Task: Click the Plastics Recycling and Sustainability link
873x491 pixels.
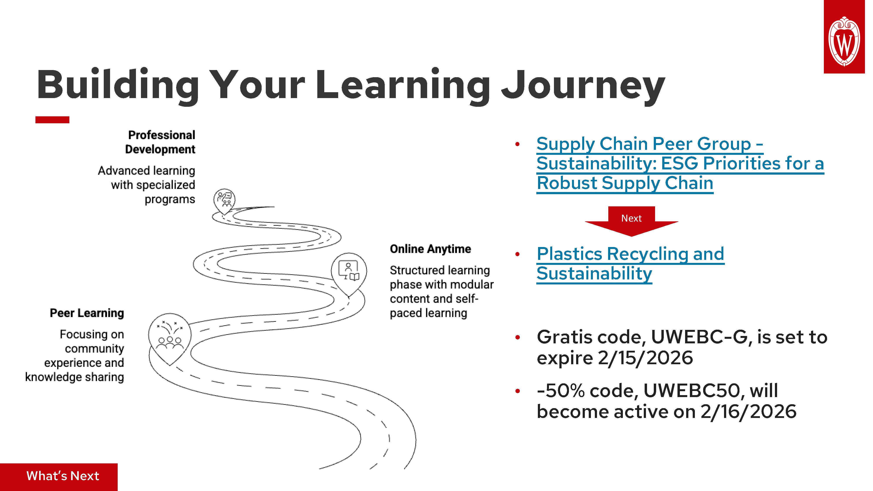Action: coord(630,264)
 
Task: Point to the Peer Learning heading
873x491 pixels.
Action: coord(87,313)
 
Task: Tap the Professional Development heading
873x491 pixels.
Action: coord(161,142)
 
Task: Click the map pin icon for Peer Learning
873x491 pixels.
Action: coord(170,337)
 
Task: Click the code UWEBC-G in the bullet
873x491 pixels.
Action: coord(699,337)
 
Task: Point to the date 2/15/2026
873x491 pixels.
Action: coord(645,358)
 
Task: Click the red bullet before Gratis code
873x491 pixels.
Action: coord(517,337)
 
